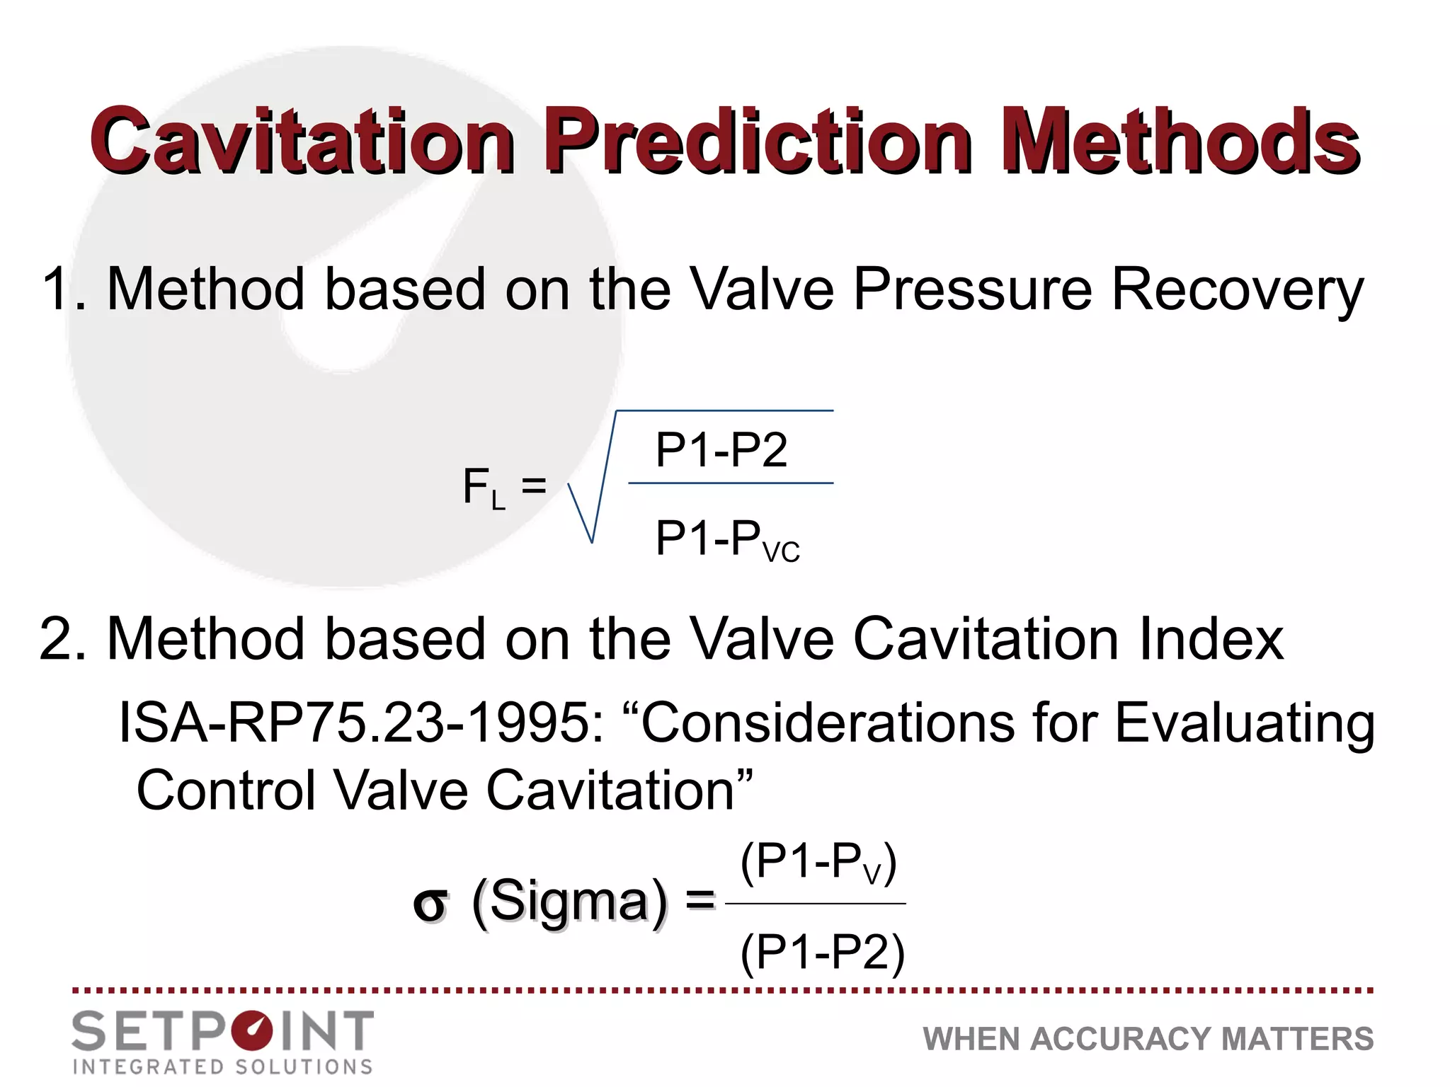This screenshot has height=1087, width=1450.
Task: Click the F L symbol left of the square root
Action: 484,488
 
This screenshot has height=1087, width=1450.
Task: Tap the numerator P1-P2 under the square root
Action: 721,449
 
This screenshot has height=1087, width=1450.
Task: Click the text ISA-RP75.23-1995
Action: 361,723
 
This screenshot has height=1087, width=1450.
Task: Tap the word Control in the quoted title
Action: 226,790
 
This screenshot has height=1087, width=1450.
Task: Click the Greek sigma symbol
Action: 430,904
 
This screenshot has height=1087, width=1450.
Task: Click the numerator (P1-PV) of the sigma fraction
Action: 818,863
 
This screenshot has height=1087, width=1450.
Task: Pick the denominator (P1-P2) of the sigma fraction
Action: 822,953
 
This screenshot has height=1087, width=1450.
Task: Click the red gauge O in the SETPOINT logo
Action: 252,1031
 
